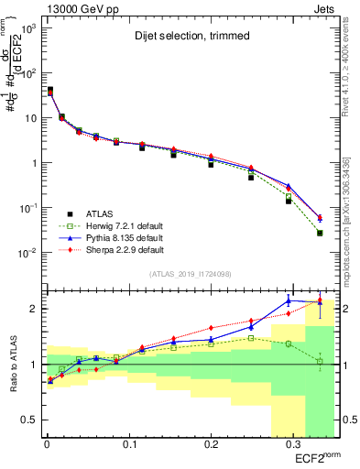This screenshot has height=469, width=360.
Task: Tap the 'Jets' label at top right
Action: pyautogui.click(x=324, y=8)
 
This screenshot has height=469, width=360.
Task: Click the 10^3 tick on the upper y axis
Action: pyautogui.click(x=26, y=29)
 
